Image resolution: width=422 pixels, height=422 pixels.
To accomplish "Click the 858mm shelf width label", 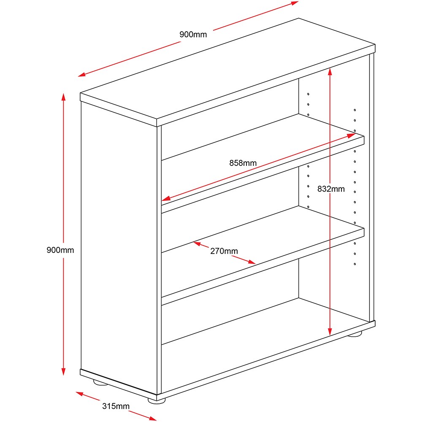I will coord(243,163).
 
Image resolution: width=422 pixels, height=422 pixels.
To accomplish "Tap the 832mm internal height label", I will coord(331,189).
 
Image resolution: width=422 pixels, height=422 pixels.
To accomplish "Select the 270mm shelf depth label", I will coord(224,251).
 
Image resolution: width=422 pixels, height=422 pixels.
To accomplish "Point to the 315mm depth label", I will coord(116,406).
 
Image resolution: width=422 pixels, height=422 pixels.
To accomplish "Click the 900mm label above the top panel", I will coord(193,35).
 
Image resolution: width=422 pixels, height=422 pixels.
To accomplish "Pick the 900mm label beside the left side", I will coord(60,250).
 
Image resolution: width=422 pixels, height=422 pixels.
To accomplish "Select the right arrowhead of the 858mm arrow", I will coord(351,135).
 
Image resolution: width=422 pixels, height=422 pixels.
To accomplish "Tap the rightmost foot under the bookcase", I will coord(355,334).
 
